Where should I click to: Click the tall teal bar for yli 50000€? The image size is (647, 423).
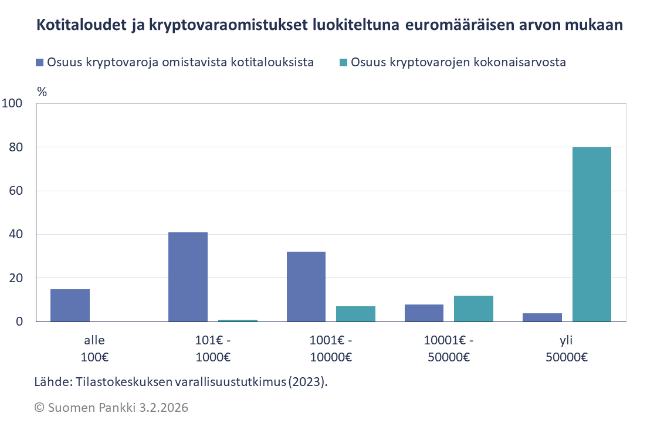pyautogui.click(x=591, y=234)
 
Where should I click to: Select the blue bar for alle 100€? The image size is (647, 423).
pyautogui.click(x=70, y=305)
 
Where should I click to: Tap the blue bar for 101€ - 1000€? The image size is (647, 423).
pyautogui.click(x=188, y=277)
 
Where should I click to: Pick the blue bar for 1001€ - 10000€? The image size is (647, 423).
pyautogui.click(x=306, y=286)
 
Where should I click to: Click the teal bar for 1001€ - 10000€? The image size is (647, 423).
pyautogui.click(x=355, y=314)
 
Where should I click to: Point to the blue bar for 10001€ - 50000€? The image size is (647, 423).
pyautogui.click(x=424, y=313)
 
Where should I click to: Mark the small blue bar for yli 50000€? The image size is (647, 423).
pyautogui.click(x=542, y=317)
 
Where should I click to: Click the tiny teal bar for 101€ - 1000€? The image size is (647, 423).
pyautogui.click(x=238, y=320)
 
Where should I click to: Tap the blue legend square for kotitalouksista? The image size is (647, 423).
pyautogui.click(x=40, y=62)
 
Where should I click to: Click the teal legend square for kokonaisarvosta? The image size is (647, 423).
pyautogui.click(x=344, y=62)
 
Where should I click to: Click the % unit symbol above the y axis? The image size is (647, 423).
pyautogui.click(x=42, y=92)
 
